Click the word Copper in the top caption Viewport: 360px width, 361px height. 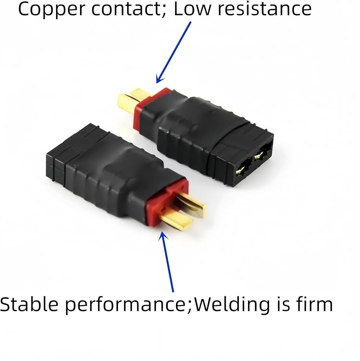coord(52,10)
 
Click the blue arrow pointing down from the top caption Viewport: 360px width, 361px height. coord(174,52)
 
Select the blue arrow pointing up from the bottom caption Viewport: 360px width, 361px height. coord(166,261)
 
